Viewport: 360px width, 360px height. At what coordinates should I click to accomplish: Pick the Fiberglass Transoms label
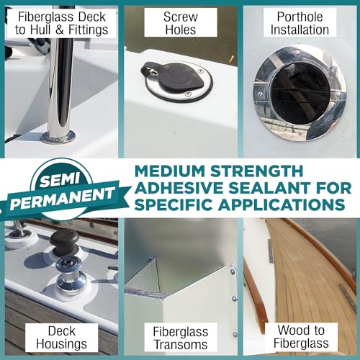(180, 338)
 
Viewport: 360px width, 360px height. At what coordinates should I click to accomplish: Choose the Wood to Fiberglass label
(300, 338)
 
